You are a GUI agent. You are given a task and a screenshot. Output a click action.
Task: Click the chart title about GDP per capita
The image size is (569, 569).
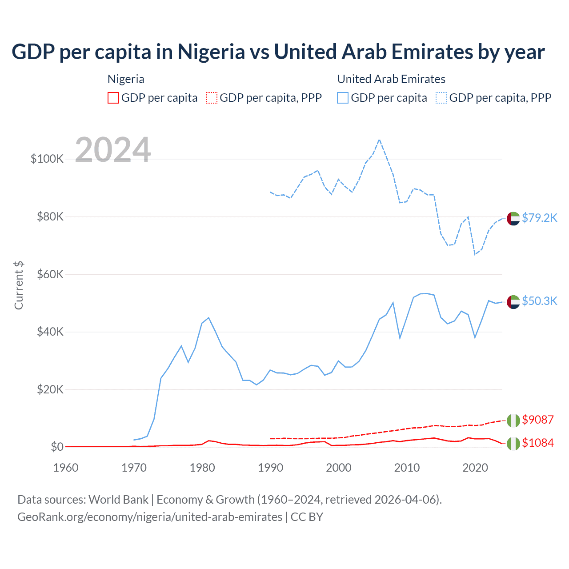(278, 52)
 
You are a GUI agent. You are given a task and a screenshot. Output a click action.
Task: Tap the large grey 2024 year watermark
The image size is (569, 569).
(113, 150)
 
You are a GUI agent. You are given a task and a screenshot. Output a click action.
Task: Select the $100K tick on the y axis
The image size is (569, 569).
(47, 159)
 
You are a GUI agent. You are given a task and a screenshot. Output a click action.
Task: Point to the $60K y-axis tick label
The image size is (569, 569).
(50, 274)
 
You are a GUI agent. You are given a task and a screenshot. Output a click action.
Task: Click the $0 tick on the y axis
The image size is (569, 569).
(57, 447)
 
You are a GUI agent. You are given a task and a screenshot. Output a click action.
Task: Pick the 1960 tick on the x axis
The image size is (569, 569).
(66, 468)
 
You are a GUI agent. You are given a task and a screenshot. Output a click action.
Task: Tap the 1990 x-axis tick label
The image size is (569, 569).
(270, 468)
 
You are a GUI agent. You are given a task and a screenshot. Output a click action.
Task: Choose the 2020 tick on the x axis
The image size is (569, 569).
(475, 468)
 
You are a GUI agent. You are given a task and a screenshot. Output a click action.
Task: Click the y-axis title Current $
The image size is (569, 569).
(19, 285)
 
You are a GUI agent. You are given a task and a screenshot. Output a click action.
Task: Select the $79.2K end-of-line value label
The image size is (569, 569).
(539, 218)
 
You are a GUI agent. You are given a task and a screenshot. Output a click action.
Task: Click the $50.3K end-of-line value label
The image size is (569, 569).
(539, 301)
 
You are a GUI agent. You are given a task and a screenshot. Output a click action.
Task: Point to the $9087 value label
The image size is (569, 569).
(538, 420)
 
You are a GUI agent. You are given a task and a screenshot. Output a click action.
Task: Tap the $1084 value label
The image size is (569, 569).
(538, 443)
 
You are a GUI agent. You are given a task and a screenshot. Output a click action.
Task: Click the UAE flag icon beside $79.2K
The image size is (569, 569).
(513, 219)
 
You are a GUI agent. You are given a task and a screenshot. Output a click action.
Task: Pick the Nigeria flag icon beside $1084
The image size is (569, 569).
(513, 444)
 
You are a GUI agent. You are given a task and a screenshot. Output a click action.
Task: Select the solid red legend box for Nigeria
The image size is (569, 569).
(113, 98)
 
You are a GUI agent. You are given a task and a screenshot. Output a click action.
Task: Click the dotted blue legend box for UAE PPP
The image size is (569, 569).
(441, 98)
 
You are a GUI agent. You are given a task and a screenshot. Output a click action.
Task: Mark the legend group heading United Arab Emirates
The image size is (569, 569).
(391, 79)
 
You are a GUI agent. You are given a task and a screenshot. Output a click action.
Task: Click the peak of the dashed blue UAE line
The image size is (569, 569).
(379, 140)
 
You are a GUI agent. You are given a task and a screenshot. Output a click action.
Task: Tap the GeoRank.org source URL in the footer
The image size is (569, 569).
(150, 517)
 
